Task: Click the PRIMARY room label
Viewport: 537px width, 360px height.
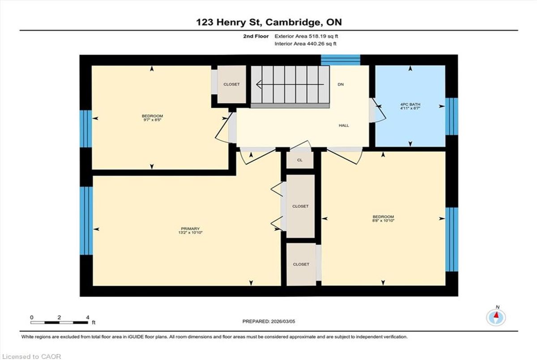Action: [190, 229]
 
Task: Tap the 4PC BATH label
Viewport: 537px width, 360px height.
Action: [410, 105]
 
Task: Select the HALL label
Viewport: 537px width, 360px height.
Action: [344, 125]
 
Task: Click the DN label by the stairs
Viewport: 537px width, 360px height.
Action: [341, 85]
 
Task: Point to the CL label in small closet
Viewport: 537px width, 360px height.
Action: [300, 160]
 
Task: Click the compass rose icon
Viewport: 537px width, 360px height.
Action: [496, 318]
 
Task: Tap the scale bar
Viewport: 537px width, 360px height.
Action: [59, 322]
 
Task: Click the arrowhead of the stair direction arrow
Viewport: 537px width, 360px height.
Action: [259, 85]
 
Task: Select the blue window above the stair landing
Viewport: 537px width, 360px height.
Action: [341, 60]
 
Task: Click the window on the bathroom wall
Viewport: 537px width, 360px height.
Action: [452, 116]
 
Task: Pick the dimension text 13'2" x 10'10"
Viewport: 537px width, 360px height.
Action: [190, 233]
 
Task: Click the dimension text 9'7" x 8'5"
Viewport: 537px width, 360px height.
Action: [152, 120]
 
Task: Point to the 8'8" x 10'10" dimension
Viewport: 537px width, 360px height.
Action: [383, 220]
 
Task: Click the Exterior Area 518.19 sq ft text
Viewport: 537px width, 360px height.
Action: [306, 36]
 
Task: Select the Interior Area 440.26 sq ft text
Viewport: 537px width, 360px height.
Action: [305, 44]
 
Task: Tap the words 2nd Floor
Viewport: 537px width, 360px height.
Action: [256, 36]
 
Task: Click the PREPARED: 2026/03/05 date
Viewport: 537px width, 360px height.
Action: [269, 322]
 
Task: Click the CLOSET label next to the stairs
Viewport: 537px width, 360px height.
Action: [231, 85]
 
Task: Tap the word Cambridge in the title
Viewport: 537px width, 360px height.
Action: [293, 22]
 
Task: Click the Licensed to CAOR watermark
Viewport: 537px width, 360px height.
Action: [31, 356]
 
